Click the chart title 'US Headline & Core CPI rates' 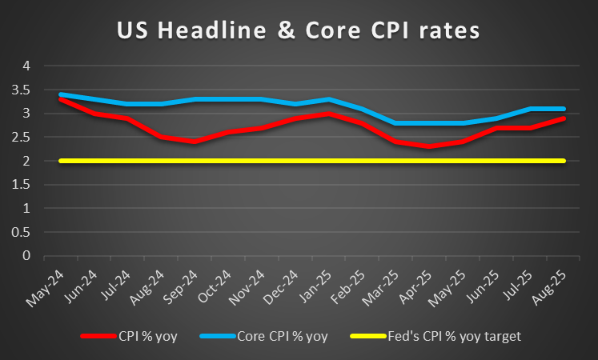pos(298,31)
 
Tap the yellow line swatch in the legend pos(367,337)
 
